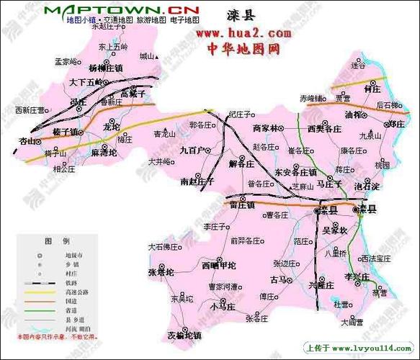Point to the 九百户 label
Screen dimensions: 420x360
tap(194, 150)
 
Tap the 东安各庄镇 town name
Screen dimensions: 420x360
tap(295, 173)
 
